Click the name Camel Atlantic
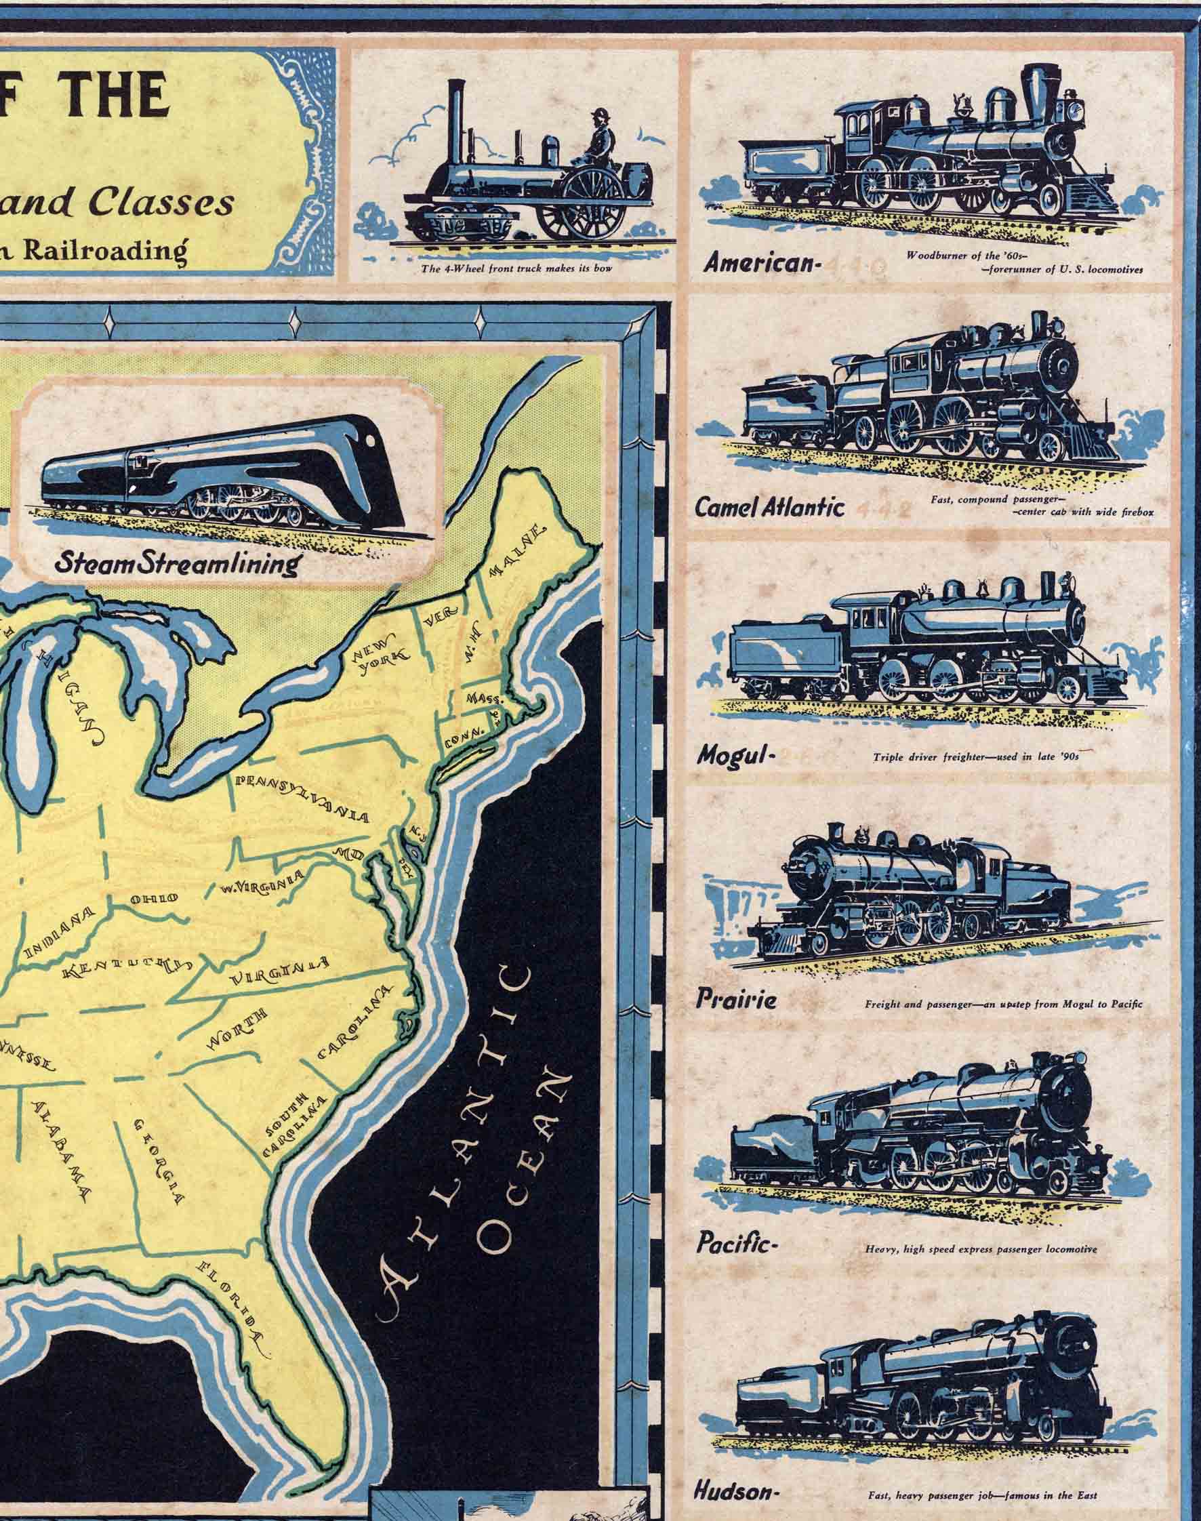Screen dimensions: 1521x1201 (x=769, y=508)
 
